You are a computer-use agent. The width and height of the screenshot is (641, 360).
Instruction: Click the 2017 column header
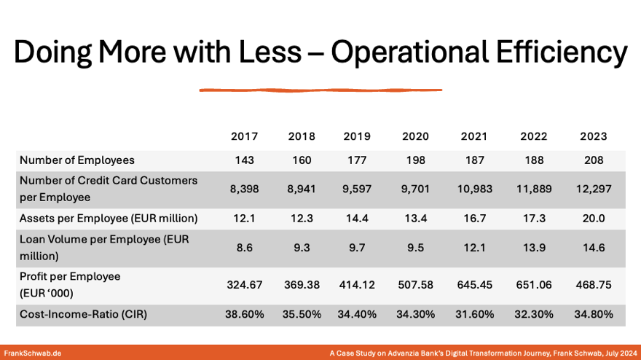pyautogui.click(x=244, y=136)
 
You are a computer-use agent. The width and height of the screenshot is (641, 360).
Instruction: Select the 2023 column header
pyautogui.click(x=594, y=136)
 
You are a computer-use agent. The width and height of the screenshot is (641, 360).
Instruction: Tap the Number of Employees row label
pyautogui.click(x=77, y=160)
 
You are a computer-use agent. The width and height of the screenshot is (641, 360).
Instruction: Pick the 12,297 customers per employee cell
pyautogui.click(x=594, y=189)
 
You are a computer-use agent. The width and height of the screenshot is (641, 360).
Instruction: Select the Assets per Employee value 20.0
pyautogui.click(x=594, y=218)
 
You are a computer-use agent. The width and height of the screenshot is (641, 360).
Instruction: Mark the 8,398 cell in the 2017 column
pyautogui.click(x=244, y=189)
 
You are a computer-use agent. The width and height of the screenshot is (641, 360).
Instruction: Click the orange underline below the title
pyautogui.click(x=320, y=90)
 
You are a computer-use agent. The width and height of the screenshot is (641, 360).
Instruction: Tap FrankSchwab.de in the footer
pyautogui.click(x=33, y=353)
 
